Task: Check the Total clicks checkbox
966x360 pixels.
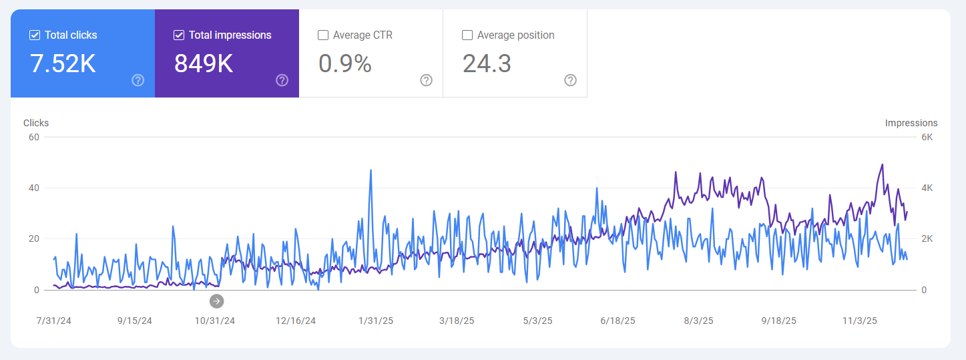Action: tap(35, 35)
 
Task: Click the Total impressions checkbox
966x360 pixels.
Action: tap(179, 35)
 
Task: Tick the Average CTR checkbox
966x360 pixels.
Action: tap(323, 35)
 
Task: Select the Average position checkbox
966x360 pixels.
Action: tap(467, 35)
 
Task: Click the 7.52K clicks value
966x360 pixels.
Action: tap(63, 63)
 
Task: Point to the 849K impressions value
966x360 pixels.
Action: tap(204, 63)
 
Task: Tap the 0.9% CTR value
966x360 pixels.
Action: tap(345, 63)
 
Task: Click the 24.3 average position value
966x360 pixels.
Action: tap(487, 63)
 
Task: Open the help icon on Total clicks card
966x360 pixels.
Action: tap(138, 80)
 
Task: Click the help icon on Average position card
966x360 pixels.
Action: tap(571, 80)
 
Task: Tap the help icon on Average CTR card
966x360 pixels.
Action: tap(427, 80)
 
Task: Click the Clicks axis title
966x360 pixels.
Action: tap(36, 123)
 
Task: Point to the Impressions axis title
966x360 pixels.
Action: tap(911, 123)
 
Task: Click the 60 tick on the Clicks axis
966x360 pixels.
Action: tap(34, 138)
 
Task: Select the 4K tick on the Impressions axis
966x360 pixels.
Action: tap(927, 188)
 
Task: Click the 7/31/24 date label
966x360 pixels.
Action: tap(53, 321)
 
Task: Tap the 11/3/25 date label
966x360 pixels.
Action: tap(859, 321)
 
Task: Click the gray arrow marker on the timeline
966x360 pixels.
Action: tap(216, 301)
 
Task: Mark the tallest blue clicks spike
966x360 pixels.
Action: tap(371, 170)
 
